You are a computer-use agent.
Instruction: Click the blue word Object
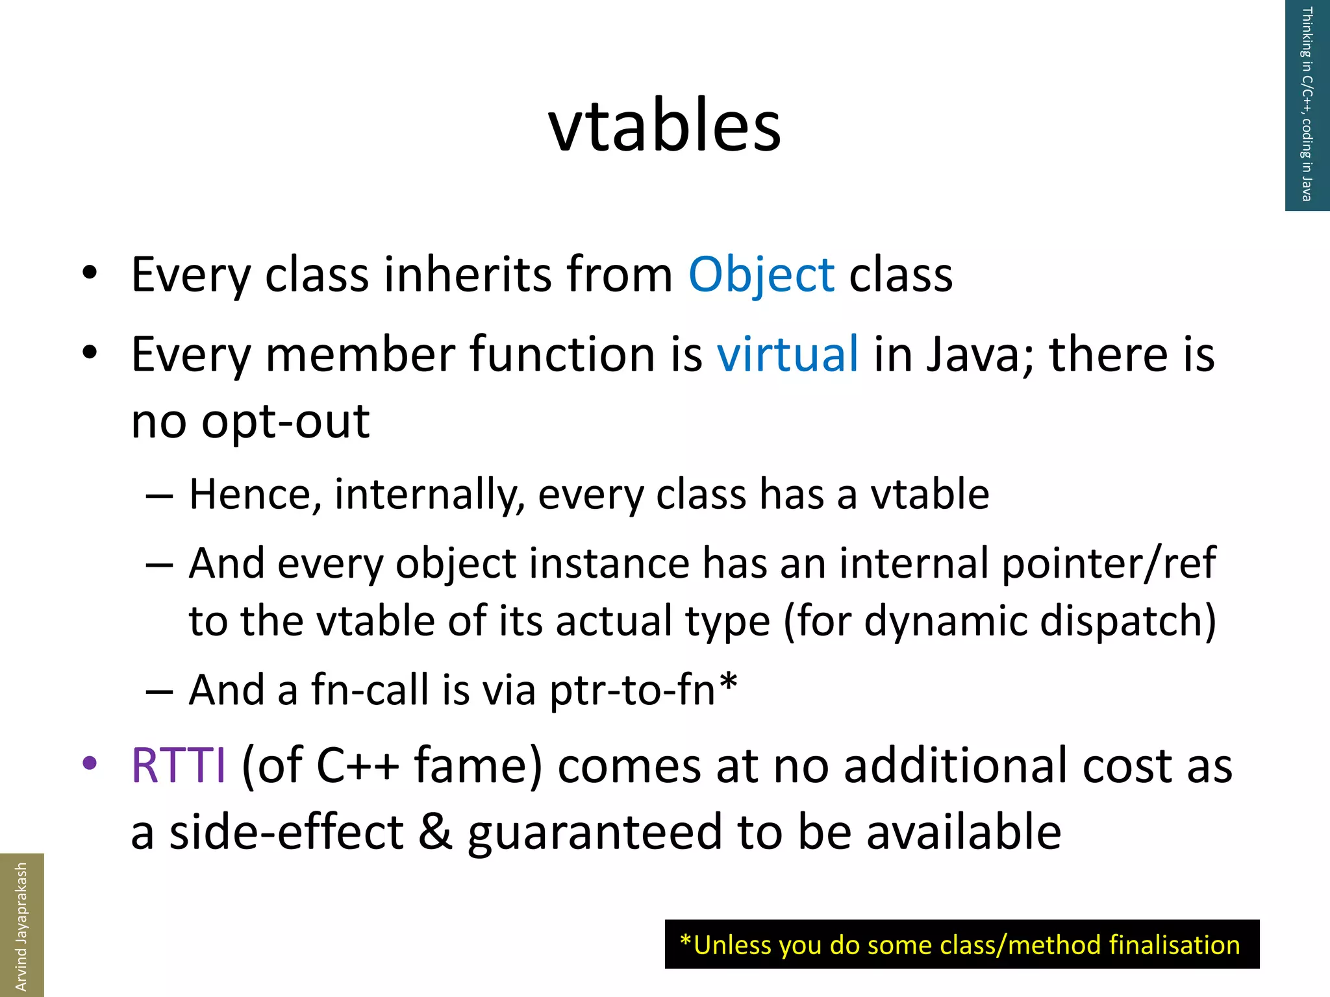[760, 275]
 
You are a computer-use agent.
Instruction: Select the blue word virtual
[787, 354]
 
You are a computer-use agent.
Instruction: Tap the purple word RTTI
[179, 766]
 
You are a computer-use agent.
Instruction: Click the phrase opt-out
[285, 422]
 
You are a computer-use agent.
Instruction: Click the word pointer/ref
[1108, 563]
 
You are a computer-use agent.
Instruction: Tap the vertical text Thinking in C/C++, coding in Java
[1307, 104]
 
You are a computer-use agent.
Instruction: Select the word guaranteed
[594, 833]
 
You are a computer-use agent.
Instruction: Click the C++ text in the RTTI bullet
[357, 766]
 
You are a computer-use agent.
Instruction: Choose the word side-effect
[286, 833]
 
